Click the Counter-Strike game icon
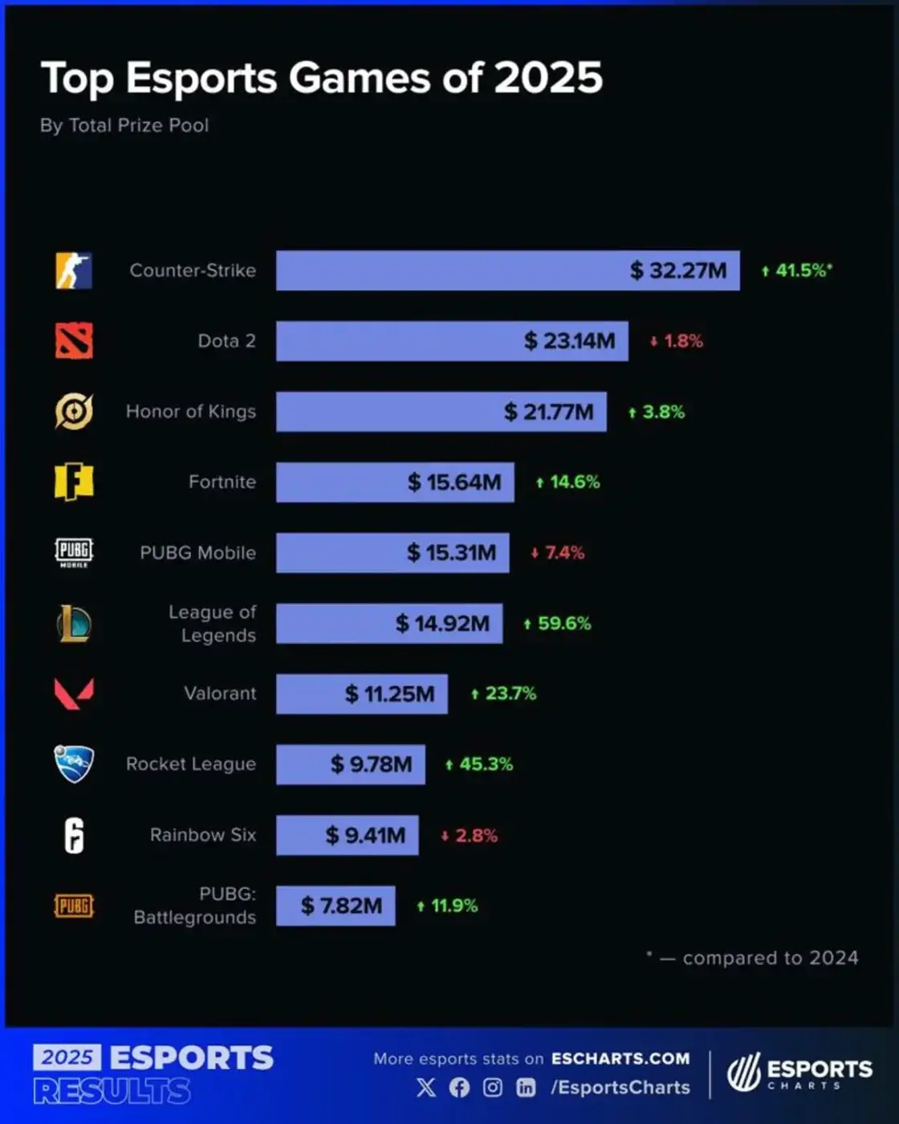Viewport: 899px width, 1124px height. [74, 271]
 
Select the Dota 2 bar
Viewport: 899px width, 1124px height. [452, 341]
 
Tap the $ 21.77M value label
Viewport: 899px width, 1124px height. [548, 412]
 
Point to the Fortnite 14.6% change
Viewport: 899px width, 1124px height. [567, 482]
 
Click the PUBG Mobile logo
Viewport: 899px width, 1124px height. [74, 552]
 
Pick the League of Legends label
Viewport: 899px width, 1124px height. [212, 623]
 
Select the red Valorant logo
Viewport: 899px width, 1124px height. [74, 693]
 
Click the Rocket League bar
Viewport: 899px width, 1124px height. [351, 764]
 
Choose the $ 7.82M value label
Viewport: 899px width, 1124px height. [341, 906]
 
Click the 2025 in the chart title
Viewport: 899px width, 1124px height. [547, 78]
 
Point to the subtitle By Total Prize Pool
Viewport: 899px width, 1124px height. [124, 125]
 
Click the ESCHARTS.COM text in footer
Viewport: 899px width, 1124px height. [620, 1058]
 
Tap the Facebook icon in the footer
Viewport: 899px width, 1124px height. [459, 1087]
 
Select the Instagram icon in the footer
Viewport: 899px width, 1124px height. [493, 1087]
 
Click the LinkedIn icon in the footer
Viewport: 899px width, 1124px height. [526, 1087]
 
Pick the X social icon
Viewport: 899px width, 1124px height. [426, 1087]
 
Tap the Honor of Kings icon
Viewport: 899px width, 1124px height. [74, 412]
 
